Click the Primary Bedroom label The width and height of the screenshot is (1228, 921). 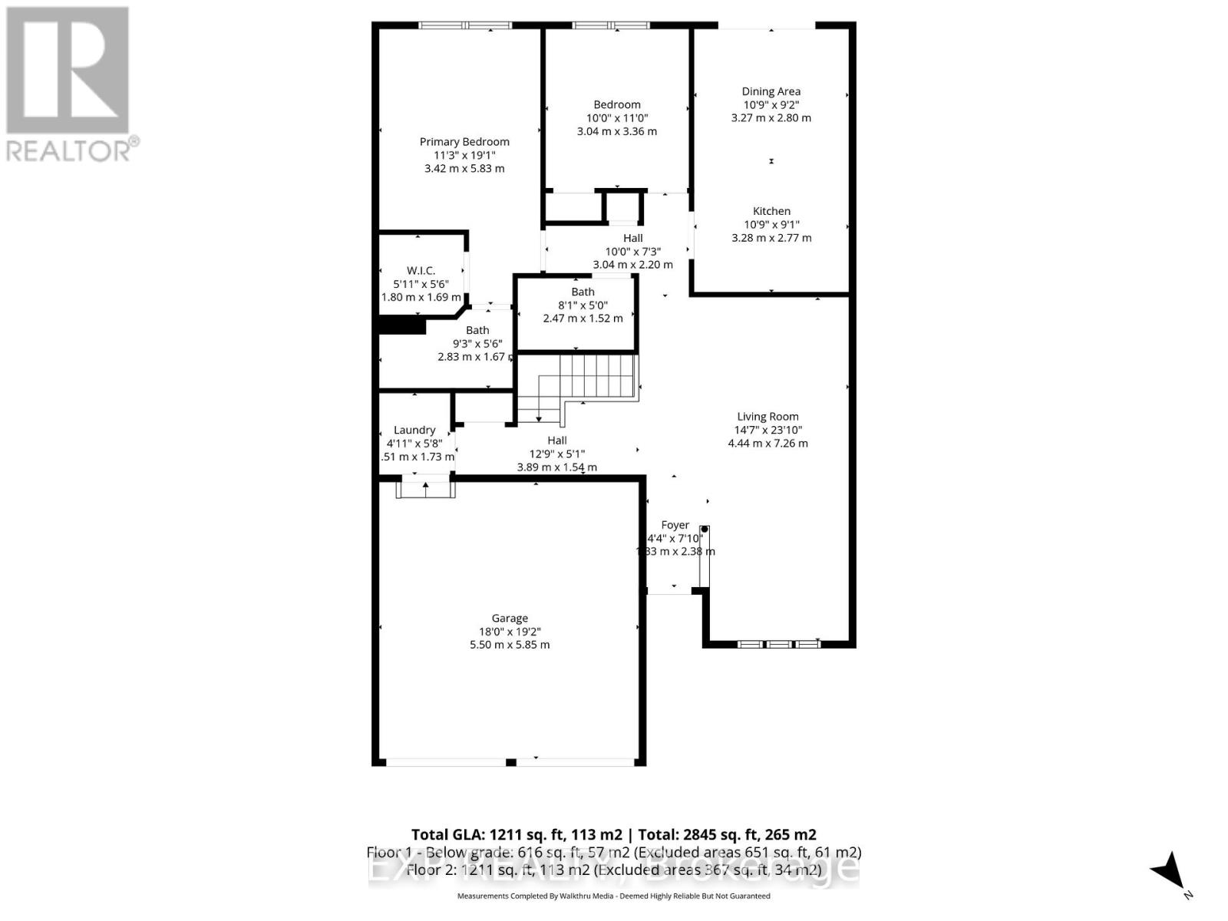(x=464, y=142)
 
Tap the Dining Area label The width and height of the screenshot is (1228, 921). (x=771, y=91)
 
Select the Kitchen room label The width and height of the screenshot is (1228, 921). (x=771, y=211)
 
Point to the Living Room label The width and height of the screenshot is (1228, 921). (x=767, y=417)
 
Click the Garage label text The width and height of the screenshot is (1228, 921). (x=510, y=619)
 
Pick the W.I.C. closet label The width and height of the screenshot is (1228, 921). (x=421, y=271)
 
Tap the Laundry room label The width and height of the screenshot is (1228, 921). (x=414, y=431)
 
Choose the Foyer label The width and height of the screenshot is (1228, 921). (x=675, y=525)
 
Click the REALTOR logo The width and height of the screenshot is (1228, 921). (x=69, y=84)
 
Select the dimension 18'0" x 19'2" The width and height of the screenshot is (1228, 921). (x=510, y=632)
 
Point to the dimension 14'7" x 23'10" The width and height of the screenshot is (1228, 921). (x=767, y=430)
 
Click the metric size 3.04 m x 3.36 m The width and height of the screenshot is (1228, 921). (x=617, y=131)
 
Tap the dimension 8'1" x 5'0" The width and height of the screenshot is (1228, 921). (x=583, y=305)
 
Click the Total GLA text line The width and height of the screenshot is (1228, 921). (x=613, y=835)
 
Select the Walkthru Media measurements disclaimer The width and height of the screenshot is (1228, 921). (x=613, y=896)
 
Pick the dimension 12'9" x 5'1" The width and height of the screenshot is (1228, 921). (x=557, y=454)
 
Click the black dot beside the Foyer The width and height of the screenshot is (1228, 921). (x=704, y=530)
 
